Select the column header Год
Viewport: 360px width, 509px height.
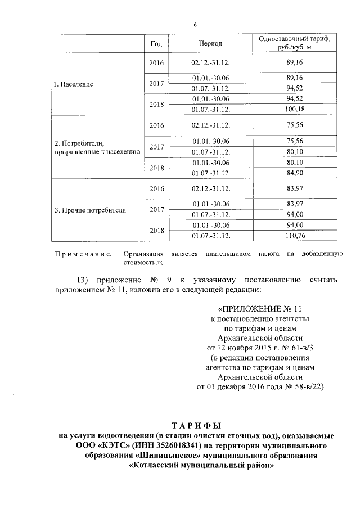pos(157,43)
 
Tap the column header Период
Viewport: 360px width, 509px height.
pos(210,43)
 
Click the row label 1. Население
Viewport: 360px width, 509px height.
pos(73,84)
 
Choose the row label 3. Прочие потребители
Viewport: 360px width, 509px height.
pos(90,210)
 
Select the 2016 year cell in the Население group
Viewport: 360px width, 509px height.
pos(157,62)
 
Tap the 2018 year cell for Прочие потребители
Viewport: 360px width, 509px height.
pos(157,231)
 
